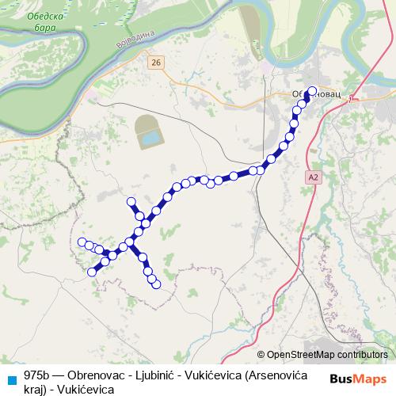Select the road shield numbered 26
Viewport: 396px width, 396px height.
tap(154, 62)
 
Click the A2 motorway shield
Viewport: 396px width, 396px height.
tap(314, 178)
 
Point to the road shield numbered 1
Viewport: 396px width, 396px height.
tap(349, 97)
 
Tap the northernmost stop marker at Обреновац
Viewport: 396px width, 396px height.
tap(312, 90)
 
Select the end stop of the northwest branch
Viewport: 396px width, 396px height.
tap(131, 202)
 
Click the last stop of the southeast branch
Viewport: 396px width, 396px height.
tap(157, 284)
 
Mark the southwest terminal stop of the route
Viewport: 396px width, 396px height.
tap(92, 272)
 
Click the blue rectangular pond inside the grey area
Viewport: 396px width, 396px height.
tap(148, 139)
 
